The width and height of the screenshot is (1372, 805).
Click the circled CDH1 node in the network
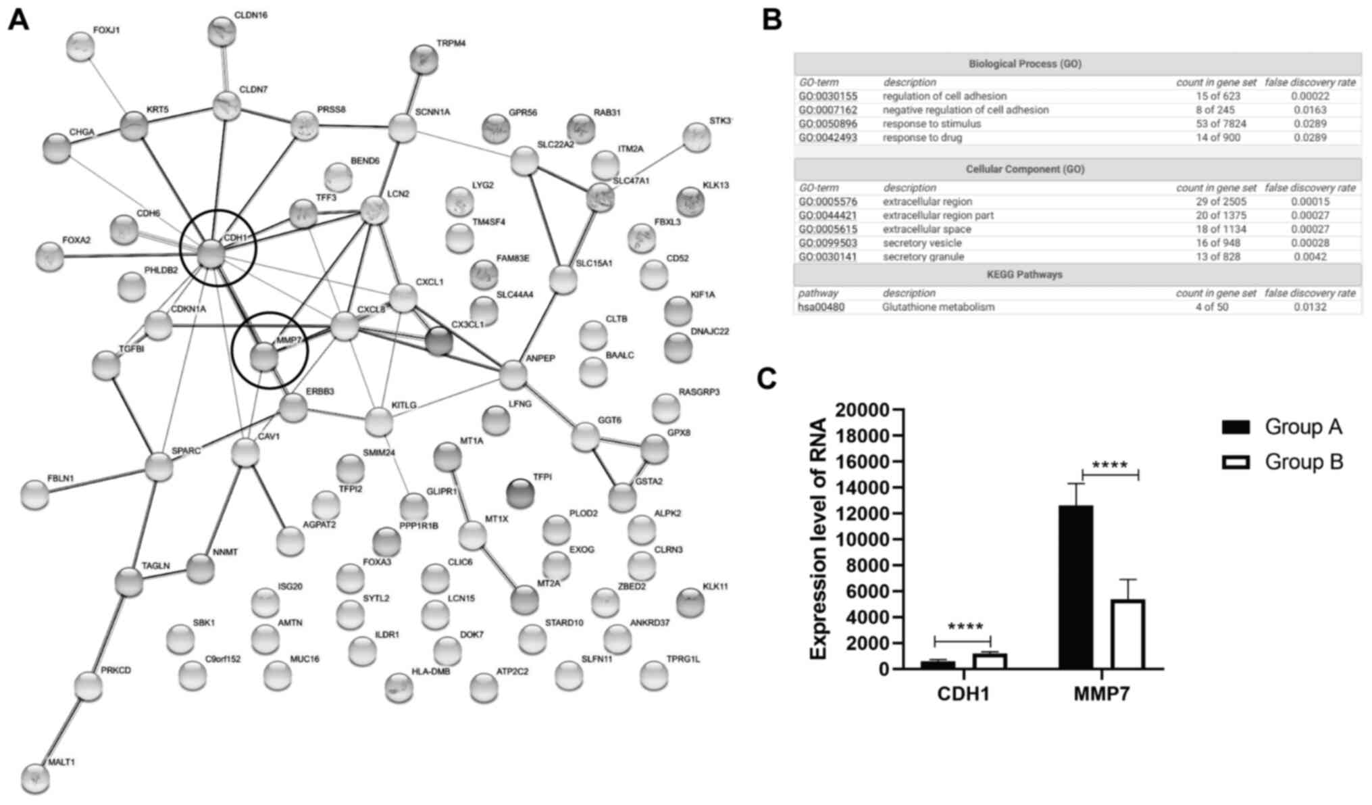[212, 254]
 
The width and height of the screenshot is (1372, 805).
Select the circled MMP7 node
[264, 356]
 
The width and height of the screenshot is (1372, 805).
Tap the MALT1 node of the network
[35, 778]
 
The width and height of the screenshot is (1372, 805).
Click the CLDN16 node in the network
[221, 32]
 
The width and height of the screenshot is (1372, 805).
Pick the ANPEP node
[513, 374]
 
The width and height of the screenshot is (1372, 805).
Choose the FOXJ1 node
[81, 47]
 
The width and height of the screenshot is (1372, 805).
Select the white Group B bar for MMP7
[1127, 634]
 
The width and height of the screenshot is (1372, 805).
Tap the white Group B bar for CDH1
[989, 661]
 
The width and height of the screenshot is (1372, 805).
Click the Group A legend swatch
[1236, 426]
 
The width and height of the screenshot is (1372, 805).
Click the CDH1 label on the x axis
[963, 694]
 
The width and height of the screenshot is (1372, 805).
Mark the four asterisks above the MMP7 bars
[1109, 466]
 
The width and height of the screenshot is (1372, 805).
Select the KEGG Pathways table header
[1024, 274]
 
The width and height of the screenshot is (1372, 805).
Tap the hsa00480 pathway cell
[821, 307]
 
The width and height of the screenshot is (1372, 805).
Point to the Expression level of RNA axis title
[819, 539]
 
